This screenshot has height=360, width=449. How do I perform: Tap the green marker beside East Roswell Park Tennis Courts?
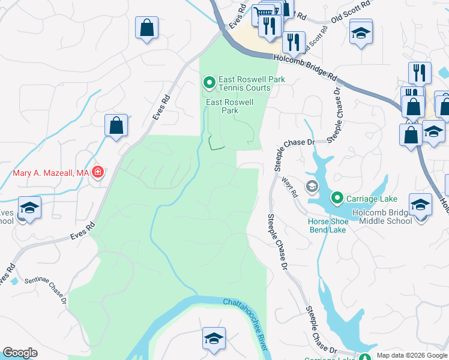pyautogui.click(x=209, y=82)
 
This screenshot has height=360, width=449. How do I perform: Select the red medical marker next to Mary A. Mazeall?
pyautogui.click(x=98, y=173)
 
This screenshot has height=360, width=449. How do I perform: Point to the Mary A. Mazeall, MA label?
pyautogui.click(x=51, y=173)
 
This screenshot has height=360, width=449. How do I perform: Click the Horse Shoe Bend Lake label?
pyautogui.click(x=328, y=226)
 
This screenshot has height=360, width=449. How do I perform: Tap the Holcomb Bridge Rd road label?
pyautogui.click(x=305, y=67)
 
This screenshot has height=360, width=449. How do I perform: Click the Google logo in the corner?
pyautogui.click(x=20, y=353)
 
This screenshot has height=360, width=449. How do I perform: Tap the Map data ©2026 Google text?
pyautogui.click(x=411, y=355)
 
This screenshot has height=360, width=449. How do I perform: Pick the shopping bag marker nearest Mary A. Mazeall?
pyautogui.click(x=116, y=126)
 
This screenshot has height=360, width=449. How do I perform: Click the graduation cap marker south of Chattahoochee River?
pyautogui.click(x=214, y=338)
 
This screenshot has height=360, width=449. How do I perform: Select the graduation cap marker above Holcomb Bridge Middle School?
pyautogui.click(x=420, y=204)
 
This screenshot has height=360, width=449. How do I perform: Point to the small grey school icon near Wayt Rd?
pyautogui.click(x=312, y=186)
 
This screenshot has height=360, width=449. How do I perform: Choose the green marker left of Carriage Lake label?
pyautogui.click(x=337, y=197)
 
